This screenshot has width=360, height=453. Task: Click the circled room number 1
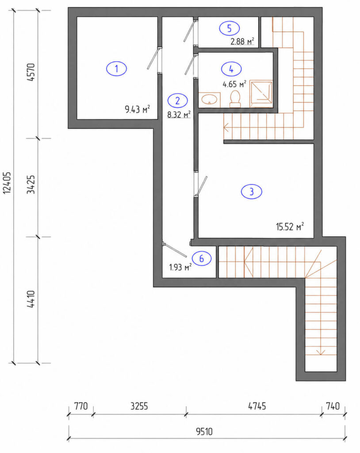click(116, 69)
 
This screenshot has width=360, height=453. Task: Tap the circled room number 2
click(178, 100)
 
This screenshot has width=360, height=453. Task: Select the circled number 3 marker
click(252, 192)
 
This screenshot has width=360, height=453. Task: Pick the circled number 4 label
click(231, 69)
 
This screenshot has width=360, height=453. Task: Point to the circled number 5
click(230, 28)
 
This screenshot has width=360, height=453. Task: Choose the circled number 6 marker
click(201, 258)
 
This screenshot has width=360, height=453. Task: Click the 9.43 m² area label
click(137, 110)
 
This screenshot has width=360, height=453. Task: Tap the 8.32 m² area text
click(179, 115)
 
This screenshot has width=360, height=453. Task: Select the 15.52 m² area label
click(290, 226)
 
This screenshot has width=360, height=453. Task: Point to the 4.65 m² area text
click(234, 84)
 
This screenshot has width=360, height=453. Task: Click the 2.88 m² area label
click(242, 41)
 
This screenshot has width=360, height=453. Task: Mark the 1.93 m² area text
click(180, 267)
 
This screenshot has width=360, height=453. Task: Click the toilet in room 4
click(235, 99)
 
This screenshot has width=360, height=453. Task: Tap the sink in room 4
click(209, 100)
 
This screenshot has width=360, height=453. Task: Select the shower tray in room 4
click(261, 94)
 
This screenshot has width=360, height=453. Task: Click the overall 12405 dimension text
click(7, 183)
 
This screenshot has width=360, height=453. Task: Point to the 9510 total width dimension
click(204, 431)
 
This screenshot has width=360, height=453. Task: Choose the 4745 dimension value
click(257, 406)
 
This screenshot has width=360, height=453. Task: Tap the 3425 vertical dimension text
click(31, 184)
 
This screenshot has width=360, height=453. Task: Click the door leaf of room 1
click(153, 59)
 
